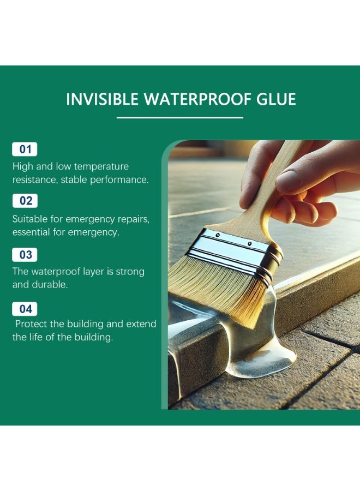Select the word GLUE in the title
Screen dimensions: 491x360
[x=276, y=99]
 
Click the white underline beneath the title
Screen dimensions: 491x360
[x=180, y=117]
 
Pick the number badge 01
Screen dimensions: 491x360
[x=25, y=149]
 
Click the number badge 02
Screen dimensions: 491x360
[x=25, y=201]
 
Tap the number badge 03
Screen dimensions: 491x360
[x=25, y=255]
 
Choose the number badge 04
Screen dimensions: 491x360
[x=25, y=309]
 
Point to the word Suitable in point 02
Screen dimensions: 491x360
[x=28, y=219]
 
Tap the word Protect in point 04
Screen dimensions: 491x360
[x=32, y=324]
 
